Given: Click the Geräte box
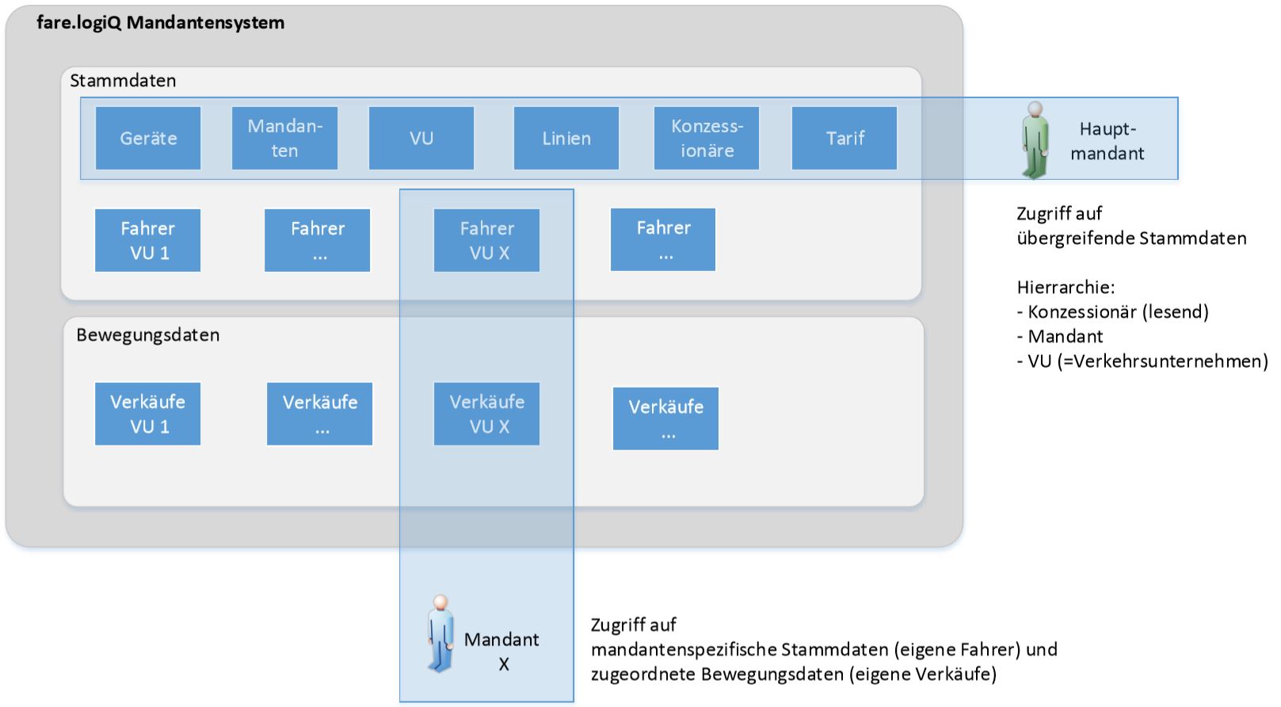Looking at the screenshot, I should tap(148, 138).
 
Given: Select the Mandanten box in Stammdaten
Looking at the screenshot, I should tap(284, 138).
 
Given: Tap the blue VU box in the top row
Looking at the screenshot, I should tap(421, 138).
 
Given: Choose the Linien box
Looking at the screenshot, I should tap(566, 138).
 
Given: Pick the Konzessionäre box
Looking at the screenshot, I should tap(707, 138).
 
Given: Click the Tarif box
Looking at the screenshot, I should tap(844, 138).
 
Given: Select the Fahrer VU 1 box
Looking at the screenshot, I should tap(147, 240).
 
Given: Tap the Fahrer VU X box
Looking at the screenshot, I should tap(486, 240).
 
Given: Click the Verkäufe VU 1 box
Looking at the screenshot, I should tap(147, 414).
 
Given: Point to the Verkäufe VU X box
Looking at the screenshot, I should tap(486, 414).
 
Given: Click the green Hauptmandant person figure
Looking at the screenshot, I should tap(1035, 140).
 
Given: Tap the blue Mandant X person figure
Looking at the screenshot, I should tap(440, 634).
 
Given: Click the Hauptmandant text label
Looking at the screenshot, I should tap(1107, 141).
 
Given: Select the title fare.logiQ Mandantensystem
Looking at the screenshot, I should tap(161, 22).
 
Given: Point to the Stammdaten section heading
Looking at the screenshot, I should tap(123, 81).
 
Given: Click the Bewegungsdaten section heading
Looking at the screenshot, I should tap(148, 335).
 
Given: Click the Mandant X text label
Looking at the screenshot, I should tap(501, 651).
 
